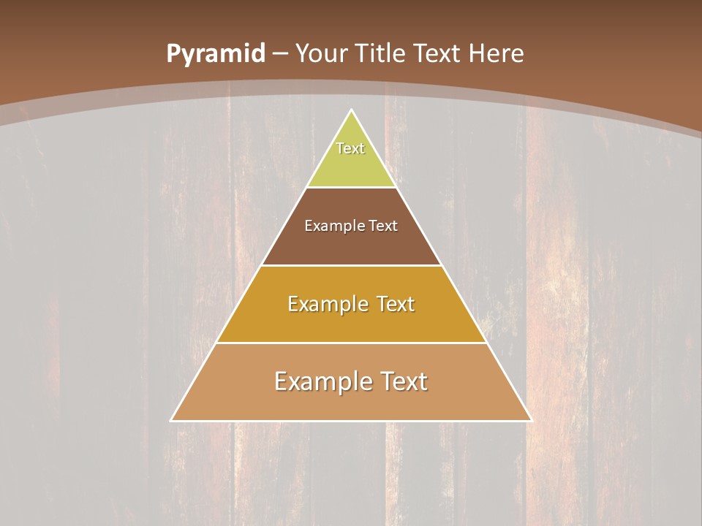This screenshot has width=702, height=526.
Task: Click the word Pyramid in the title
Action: [x=215, y=54]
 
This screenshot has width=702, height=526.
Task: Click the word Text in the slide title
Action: [x=438, y=54]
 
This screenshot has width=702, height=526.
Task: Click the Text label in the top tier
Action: [x=350, y=148]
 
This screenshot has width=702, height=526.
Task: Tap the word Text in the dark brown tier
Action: [x=383, y=226]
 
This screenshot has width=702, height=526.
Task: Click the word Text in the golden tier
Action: [x=396, y=304]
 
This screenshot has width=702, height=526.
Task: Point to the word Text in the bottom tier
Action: [x=404, y=381]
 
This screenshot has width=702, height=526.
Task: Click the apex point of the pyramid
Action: [x=352, y=110]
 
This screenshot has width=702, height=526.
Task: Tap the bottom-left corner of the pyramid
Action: [x=171, y=421]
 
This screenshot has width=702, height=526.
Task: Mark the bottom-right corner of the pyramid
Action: [x=532, y=421]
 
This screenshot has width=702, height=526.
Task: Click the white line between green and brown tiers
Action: [x=352, y=188]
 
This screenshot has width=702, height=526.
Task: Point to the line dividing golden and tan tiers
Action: [x=352, y=343]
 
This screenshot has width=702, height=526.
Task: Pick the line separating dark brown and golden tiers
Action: [x=352, y=265]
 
